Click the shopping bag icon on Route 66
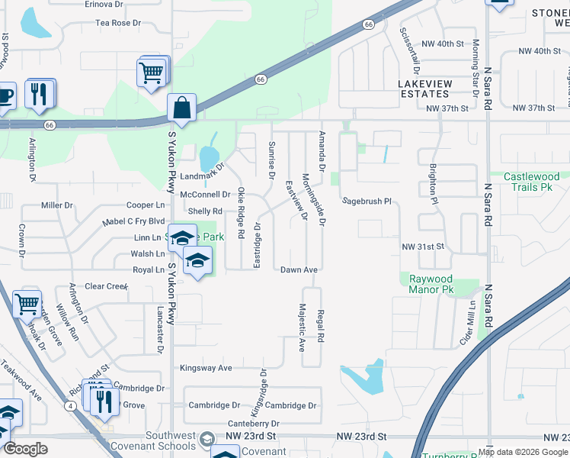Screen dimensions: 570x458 tap(183, 108)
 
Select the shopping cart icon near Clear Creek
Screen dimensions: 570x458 tap(27, 304)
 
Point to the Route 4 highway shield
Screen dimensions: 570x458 tap(70, 405)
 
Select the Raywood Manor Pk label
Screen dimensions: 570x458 tap(431, 284)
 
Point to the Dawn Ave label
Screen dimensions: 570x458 tap(299, 270)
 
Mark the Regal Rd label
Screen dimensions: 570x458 tap(322, 327)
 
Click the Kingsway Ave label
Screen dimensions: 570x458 tap(206, 368)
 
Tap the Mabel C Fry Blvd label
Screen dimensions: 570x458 tap(133, 222)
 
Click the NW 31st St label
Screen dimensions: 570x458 tap(422, 247)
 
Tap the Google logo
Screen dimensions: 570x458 tap(25, 449)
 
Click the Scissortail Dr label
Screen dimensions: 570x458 tap(415, 46)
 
